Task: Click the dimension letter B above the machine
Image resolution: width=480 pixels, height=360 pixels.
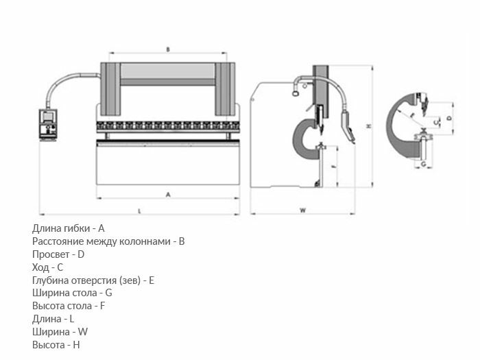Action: coord(168,49)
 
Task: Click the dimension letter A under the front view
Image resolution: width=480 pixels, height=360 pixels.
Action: coord(168,195)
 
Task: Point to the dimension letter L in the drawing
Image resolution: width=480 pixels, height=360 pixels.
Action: coord(139,211)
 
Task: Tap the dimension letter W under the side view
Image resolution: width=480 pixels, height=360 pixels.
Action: coord(302,211)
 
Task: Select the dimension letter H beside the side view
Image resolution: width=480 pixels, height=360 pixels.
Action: coord(368,127)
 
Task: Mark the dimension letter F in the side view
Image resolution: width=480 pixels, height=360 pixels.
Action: coord(333,167)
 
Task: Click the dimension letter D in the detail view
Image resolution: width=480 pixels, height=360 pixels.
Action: coord(449,118)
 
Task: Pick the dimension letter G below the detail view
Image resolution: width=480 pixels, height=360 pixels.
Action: coord(424,165)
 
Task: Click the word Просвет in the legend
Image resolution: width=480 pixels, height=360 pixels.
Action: coord(50,254)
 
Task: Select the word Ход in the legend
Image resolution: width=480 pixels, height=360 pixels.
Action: coord(40,267)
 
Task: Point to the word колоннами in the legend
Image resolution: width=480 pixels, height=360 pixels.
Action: coord(146,241)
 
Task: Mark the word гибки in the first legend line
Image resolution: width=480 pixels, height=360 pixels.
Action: coord(77,228)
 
